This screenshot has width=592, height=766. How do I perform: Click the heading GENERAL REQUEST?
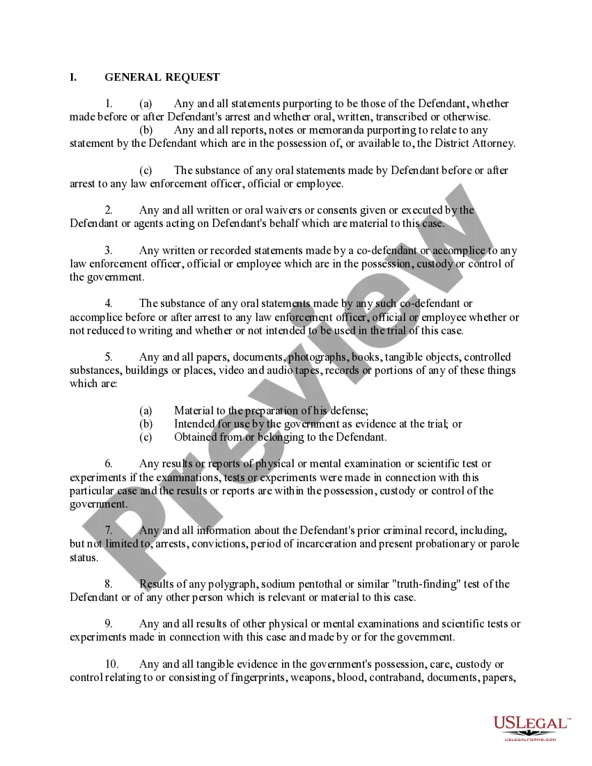click(162, 77)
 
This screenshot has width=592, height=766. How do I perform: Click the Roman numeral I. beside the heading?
click(73, 77)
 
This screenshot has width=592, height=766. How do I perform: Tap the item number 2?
click(109, 210)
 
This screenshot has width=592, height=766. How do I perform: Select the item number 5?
click(109, 357)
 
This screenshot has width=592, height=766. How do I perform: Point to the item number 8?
click(109, 584)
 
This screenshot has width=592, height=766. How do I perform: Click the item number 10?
click(111, 664)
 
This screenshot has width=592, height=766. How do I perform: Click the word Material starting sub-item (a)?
click(196, 411)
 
